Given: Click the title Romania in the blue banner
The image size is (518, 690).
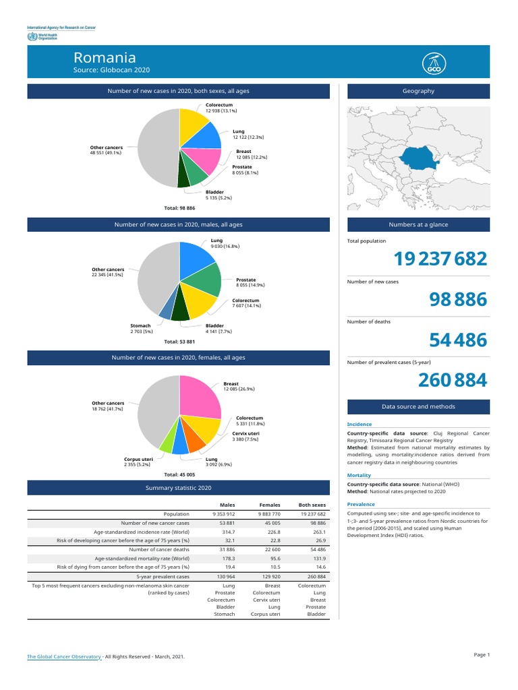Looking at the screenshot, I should pos(105,58).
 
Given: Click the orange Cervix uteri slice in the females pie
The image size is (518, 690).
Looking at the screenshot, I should pos(196,441).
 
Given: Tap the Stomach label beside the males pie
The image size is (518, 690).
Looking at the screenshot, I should pos(140,326).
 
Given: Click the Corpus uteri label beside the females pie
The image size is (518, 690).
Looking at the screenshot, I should pos(138,459).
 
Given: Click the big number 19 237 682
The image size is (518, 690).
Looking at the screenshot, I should pos(440,259).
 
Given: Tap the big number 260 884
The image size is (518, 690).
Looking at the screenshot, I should pos(451,381).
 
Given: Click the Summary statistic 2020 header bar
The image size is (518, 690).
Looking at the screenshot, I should pos(178,488).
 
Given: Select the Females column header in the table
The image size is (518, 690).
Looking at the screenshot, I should pos(270,505).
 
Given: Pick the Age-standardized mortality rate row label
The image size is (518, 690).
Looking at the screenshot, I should pos(142,559).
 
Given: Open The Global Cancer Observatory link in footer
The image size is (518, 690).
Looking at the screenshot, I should pos(64,656).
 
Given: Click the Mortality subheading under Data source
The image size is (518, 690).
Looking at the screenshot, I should pos(359,475).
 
